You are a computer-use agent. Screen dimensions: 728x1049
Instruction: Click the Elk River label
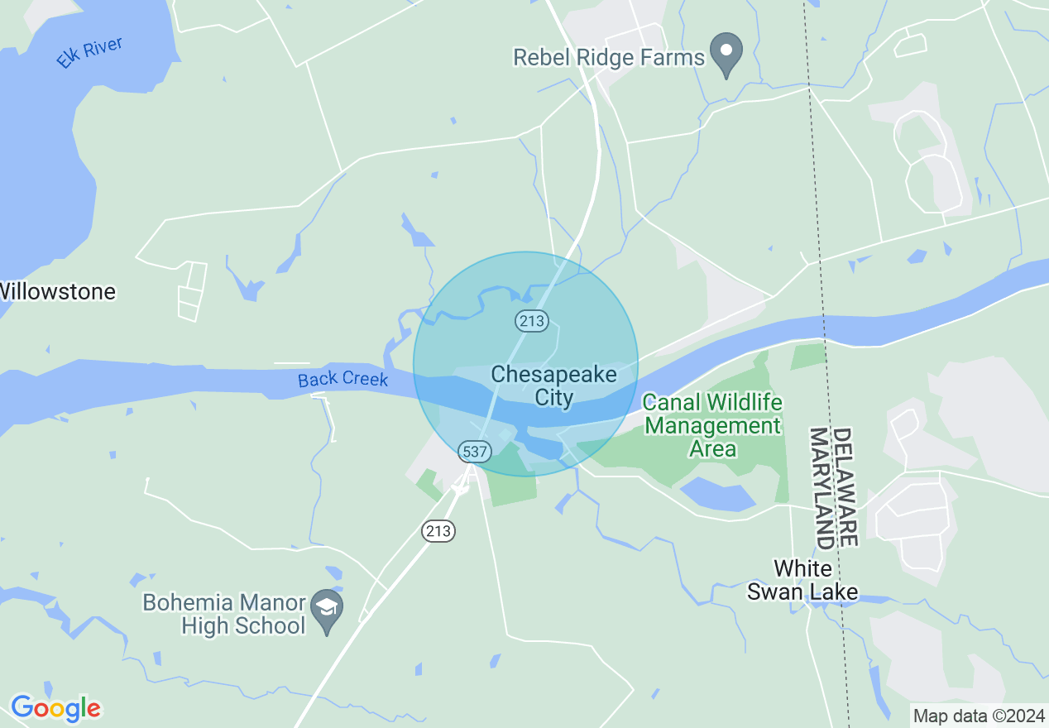(x=89, y=53)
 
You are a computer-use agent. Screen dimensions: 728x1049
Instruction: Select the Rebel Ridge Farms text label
(x=609, y=57)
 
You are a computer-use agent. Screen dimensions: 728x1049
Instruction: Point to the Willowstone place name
(x=58, y=291)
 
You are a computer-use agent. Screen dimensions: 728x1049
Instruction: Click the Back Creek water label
(x=342, y=379)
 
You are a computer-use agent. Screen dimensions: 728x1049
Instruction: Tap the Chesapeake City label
(x=553, y=386)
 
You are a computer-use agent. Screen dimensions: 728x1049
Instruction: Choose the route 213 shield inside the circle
(x=531, y=320)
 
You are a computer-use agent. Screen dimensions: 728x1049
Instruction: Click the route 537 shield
(x=476, y=452)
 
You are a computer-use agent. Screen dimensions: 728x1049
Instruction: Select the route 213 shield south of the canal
(x=438, y=530)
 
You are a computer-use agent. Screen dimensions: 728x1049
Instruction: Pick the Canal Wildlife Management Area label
(x=712, y=425)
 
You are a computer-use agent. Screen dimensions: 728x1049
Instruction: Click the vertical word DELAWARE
(x=843, y=486)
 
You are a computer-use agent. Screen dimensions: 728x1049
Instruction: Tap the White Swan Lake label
(x=802, y=581)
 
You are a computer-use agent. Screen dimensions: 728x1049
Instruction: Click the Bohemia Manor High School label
(x=224, y=614)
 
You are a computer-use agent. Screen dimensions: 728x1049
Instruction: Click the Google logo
(x=55, y=708)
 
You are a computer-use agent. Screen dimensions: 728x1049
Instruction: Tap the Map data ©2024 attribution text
(x=978, y=716)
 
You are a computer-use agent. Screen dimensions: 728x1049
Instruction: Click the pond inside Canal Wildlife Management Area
(x=716, y=494)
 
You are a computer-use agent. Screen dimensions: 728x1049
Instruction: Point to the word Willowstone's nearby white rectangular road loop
(x=192, y=290)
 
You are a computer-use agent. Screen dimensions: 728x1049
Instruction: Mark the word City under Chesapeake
(x=553, y=397)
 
